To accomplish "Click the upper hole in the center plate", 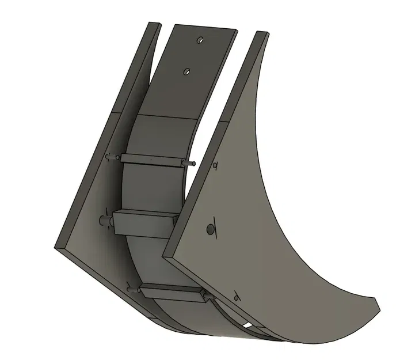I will click(200, 41).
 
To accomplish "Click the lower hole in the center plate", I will click(186, 71).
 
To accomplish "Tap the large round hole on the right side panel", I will click(210, 230).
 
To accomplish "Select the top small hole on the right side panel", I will click(214, 166).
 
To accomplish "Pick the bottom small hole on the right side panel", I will click(236, 297).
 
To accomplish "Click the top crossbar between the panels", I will click(153, 160).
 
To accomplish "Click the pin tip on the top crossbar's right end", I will click(193, 164).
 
